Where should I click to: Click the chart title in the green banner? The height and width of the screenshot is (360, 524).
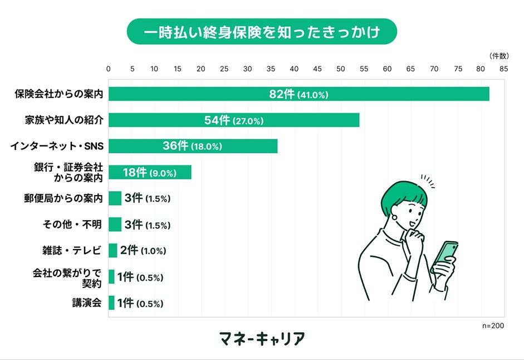pos(262,32)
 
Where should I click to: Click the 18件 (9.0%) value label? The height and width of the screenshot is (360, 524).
pos(149,173)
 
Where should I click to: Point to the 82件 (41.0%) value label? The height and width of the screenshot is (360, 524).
pos(298,94)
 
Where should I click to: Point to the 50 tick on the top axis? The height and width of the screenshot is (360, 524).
pos(341,69)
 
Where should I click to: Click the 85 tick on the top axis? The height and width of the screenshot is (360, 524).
pos(503,69)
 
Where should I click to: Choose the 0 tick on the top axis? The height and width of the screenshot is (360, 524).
pos(109,69)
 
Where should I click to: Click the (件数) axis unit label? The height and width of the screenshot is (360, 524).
pos(498,56)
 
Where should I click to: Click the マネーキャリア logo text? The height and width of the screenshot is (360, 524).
pos(262,338)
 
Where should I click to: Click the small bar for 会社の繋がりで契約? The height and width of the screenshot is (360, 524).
pos(111,277)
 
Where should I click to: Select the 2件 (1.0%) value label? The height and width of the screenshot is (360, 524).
pos(143,250)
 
